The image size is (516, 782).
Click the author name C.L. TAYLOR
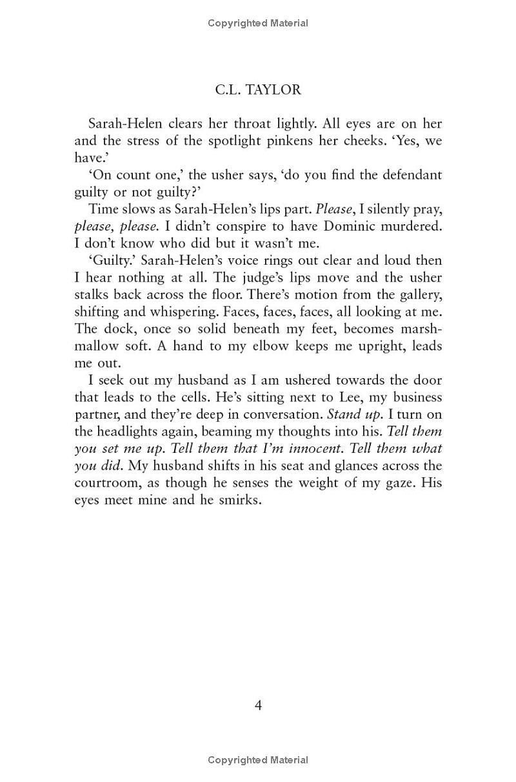[x=258, y=90]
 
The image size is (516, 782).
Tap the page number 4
[x=258, y=705]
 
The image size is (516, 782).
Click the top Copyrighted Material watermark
[x=258, y=23]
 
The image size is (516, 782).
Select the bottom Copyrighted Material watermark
[x=258, y=761]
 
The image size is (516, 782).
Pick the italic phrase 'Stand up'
[x=354, y=414]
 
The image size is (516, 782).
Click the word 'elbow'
[x=258, y=346]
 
